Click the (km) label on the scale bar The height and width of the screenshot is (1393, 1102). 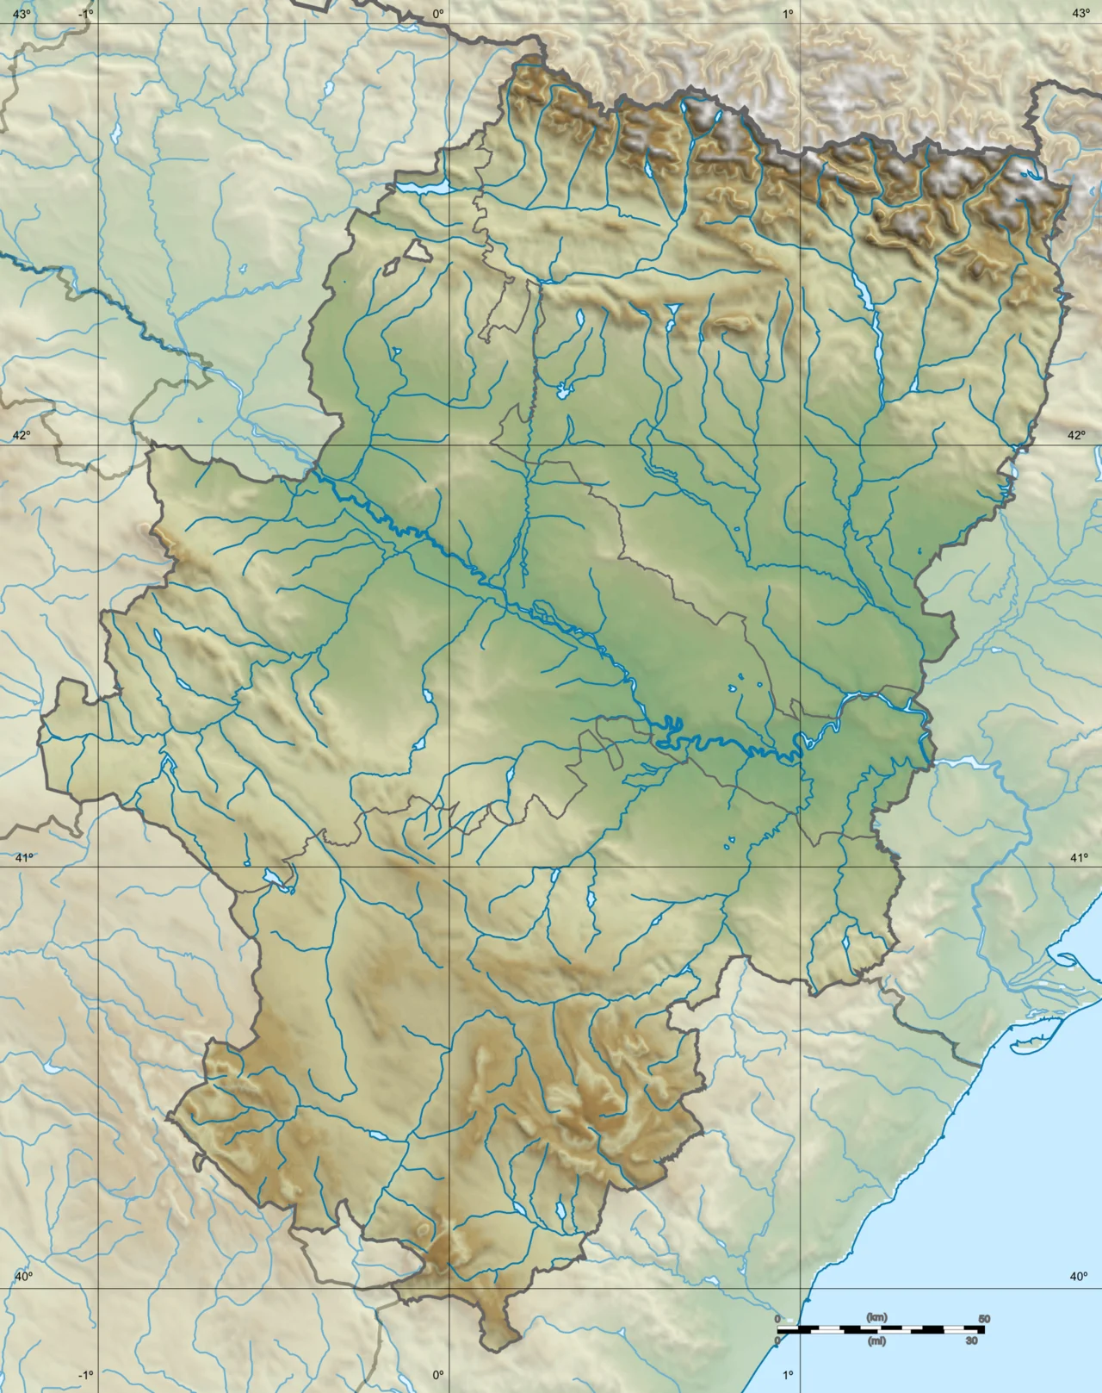click(x=876, y=1318)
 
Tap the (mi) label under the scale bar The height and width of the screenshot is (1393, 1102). click(x=876, y=1340)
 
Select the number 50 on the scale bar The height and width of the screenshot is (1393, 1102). click(x=984, y=1319)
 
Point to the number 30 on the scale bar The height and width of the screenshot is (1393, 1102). click(x=972, y=1340)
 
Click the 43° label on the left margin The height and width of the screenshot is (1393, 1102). click(x=21, y=13)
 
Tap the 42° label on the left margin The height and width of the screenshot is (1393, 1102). click(x=21, y=435)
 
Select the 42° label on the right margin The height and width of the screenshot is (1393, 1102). click(x=1077, y=435)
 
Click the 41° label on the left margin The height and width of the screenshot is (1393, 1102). click(x=22, y=857)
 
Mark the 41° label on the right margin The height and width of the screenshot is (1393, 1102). click(x=1079, y=857)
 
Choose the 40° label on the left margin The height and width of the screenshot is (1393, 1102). click(x=22, y=1277)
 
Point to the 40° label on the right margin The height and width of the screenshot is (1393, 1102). click(x=1079, y=1277)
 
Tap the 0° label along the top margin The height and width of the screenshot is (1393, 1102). click(x=437, y=13)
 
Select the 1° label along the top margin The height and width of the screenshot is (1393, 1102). click(x=788, y=13)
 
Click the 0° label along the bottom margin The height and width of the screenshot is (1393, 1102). click(x=437, y=1375)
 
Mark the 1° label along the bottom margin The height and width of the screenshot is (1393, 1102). click(x=788, y=1375)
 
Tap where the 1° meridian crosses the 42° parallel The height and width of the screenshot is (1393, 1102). click(x=802, y=445)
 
